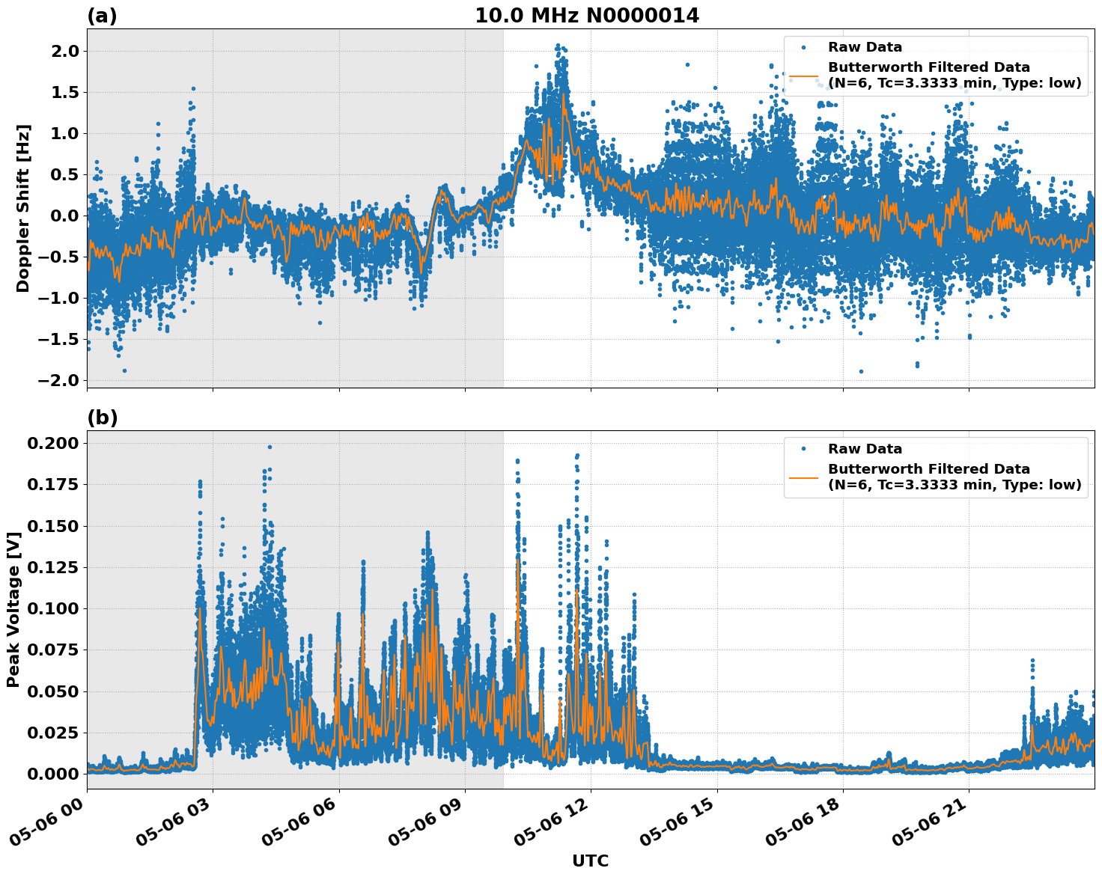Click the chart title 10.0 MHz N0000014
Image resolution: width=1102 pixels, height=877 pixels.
pos(586,16)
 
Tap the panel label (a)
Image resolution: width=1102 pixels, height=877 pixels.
pos(102,16)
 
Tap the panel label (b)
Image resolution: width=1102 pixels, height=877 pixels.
pos(102,418)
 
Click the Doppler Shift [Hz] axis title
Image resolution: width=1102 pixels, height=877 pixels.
pos(23,208)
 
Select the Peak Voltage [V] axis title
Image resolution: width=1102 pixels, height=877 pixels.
pos(13,609)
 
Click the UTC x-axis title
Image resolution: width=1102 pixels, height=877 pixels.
pos(590,861)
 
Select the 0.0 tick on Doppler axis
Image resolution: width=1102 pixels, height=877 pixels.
pos(64,216)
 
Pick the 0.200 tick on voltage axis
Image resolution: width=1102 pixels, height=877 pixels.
pos(52,443)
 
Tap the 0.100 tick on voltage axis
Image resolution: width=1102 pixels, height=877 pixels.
pos(52,608)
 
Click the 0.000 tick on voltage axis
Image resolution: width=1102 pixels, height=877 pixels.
pos(52,774)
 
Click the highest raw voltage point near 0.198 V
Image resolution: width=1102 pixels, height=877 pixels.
pos(270,447)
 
